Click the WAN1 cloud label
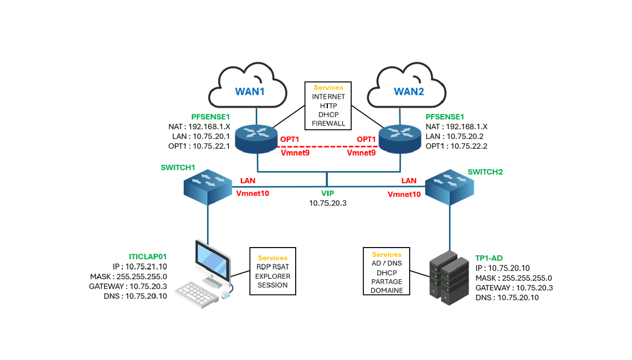coord(250,91)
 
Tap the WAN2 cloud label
coord(409,91)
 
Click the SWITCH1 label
coord(178,168)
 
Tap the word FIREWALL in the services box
coord(328,124)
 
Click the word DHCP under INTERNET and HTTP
coord(328,115)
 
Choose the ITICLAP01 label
coord(148,257)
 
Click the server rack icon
coord(449,278)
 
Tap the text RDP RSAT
coord(272,267)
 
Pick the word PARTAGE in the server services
coord(386,281)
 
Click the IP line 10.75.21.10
coord(139,266)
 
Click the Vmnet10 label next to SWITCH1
coord(252,193)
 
